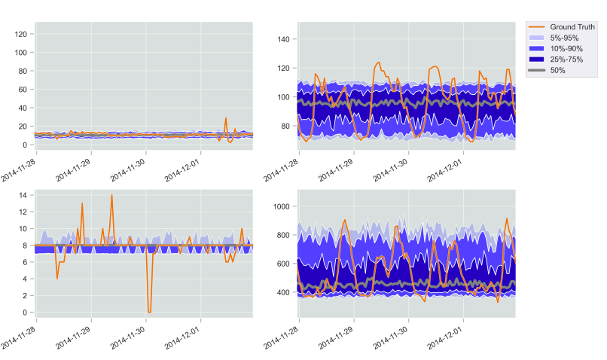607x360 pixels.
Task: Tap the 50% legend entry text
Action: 558,70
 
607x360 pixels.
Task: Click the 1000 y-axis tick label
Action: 283,206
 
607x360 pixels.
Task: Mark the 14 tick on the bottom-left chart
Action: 23,195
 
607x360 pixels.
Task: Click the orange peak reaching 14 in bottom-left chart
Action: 111,195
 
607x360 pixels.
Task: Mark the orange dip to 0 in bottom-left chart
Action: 149,311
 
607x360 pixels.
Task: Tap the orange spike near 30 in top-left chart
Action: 225,118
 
